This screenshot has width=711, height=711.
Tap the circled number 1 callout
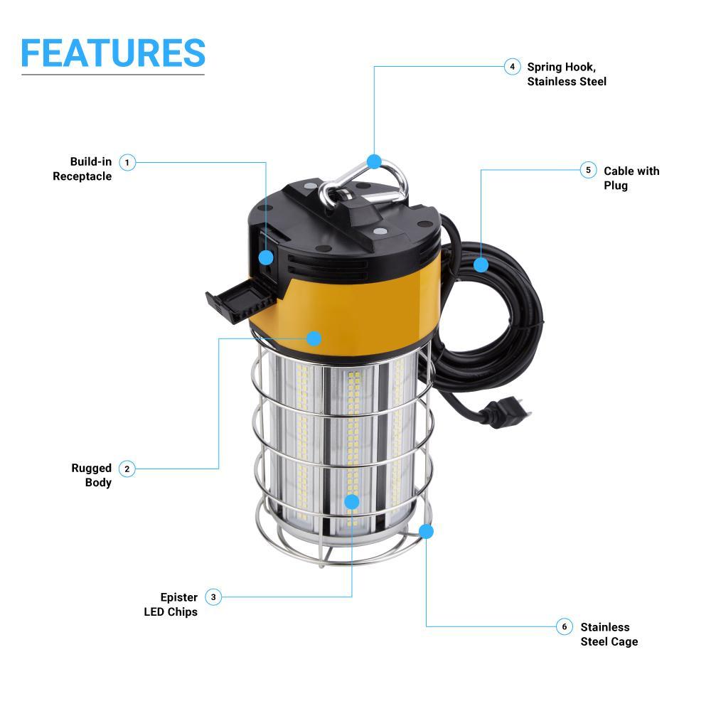coord(127,163)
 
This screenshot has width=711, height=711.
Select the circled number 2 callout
coord(127,469)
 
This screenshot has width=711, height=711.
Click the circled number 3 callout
coord(213,597)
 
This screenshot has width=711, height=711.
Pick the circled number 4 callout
coord(512,67)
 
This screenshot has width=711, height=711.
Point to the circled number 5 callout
coord(588,171)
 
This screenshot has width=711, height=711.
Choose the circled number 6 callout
coord(565,626)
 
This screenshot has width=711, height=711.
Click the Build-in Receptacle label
coord(82,169)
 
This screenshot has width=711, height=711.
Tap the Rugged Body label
coord(92,475)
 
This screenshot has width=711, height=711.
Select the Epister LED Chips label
coord(171,604)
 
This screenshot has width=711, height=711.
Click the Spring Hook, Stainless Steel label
coord(567,74)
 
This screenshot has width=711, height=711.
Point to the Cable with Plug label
coord(631,178)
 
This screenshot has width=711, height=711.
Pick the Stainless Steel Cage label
coord(609,634)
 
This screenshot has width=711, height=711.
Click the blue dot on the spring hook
coord(375,161)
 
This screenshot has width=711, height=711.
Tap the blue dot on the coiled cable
coord(481,265)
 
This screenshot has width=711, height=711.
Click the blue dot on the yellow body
coord(314,338)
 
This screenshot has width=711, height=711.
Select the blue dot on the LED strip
coord(352,502)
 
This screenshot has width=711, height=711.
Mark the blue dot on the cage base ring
coord(427,531)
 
